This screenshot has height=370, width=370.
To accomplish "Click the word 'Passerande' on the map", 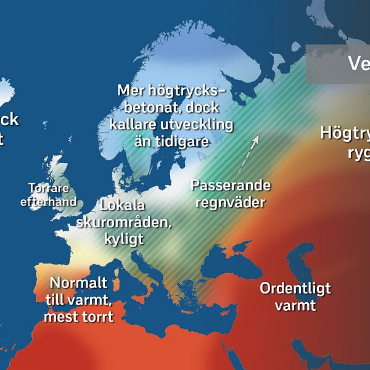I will (x=231, y=185).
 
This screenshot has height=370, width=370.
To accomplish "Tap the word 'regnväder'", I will (x=231, y=202).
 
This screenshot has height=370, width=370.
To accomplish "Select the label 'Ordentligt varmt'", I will (x=295, y=297).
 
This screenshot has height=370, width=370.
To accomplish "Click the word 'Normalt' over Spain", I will (x=78, y=284).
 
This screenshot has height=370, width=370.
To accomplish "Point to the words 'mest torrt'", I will (x=78, y=318).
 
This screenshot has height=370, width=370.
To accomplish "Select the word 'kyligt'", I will (x=123, y=239).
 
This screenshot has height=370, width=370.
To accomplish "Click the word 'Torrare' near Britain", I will (x=49, y=189).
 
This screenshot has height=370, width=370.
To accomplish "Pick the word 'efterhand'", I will (x=49, y=202).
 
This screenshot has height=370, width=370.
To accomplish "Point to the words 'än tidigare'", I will (x=171, y=142).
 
